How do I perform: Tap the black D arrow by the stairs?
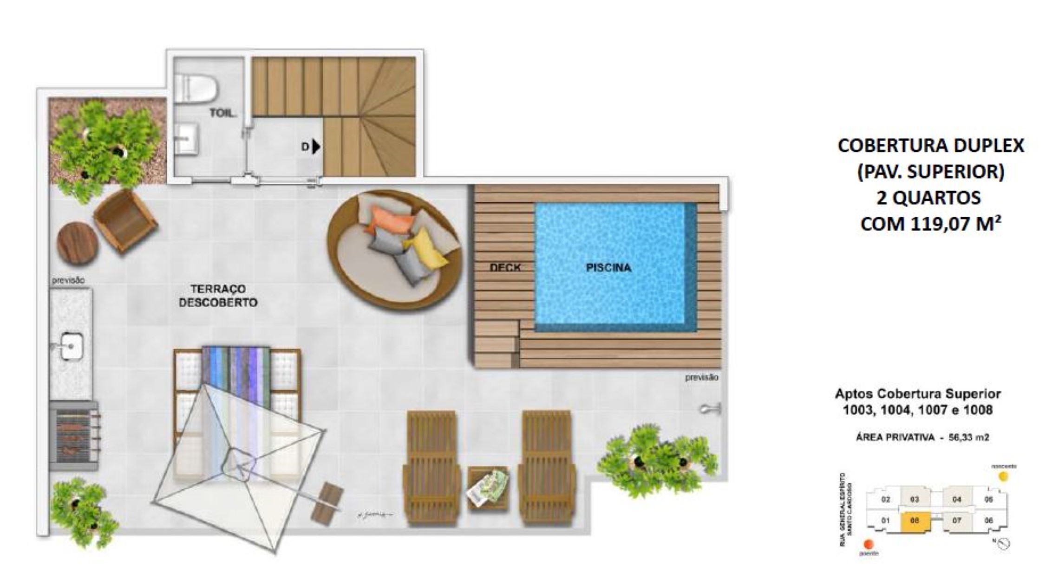(316, 147)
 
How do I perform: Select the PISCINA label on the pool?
(608, 268)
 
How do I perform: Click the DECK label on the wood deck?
(505, 268)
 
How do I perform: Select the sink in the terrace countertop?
(71, 346)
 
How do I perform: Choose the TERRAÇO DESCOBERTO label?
(218, 296)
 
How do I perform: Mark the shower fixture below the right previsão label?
(710, 409)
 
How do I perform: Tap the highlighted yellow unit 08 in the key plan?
(915, 521)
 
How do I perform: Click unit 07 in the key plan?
(957, 521)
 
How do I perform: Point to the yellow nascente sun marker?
(1003, 476)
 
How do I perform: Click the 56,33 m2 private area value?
(969, 438)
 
